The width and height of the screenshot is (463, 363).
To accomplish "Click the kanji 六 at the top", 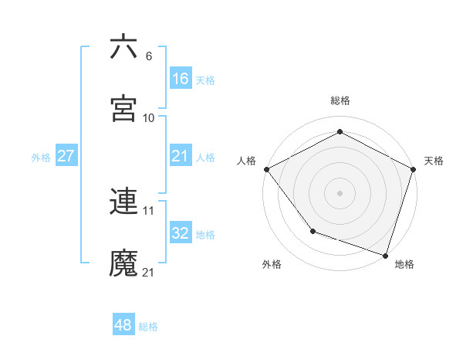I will click(x=124, y=47).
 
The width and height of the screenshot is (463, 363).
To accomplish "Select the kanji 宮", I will click(x=124, y=109).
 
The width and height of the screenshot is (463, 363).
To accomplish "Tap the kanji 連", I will click(x=124, y=202).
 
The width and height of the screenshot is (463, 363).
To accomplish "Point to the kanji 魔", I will click(x=124, y=263).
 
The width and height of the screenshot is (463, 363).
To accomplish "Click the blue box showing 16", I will click(x=180, y=78).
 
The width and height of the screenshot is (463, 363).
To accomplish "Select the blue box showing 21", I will click(x=180, y=156).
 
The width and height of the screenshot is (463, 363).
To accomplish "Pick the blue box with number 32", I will click(x=180, y=233).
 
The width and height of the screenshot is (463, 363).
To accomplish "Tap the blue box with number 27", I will click(x=66, y=156).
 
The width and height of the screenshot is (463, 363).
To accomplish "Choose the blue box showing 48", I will click(x=123, y=325).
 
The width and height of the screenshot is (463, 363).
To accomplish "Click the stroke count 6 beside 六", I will click(x=149, y=56).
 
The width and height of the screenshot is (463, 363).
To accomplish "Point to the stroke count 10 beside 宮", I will click(x=149, y=118).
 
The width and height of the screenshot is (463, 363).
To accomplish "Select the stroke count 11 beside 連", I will click(x=149, y=210).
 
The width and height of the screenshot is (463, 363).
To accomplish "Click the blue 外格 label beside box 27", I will click(x=41, y=157).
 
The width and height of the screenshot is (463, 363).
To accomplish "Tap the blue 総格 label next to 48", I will click(x=148, y=327).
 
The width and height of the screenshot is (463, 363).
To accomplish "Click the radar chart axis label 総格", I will click(x=340, y=100).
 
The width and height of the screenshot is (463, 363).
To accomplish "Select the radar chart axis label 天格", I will click(x=434, y=161).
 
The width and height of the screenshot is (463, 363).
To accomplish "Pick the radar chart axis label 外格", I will click(x=272, y=264).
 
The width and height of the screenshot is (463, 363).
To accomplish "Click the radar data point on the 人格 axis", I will click(x=266, y=169).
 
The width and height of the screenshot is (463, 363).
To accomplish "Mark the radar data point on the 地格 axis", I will click(x=385, y=254).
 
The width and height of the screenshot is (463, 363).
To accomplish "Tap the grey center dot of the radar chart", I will click(x=340, y=192).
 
